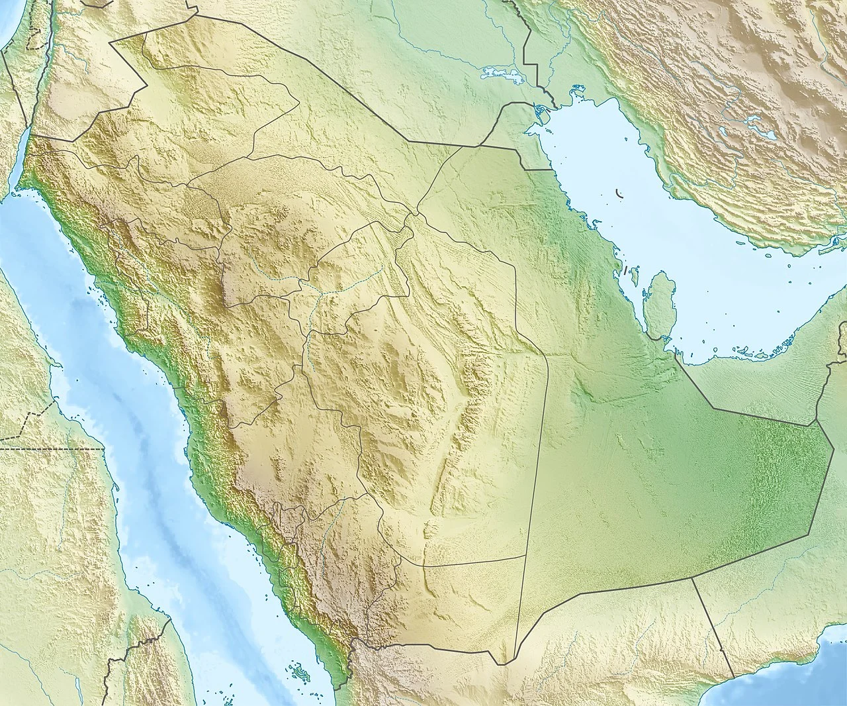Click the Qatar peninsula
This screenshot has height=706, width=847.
pyautogui.click(x=660, y=305)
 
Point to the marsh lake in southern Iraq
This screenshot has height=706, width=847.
pyautogui.click(x=503, y=74)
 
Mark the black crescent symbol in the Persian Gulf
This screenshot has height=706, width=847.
pyautogui.click(x=620, y=194)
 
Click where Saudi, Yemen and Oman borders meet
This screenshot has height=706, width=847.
pyautogui.click(x=691, y=578)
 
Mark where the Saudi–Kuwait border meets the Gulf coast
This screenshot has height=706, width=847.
pyautogui.click(x=551, y=170)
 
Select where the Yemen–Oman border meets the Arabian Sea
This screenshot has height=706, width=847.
pyautogui.click(x=733, y=678)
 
